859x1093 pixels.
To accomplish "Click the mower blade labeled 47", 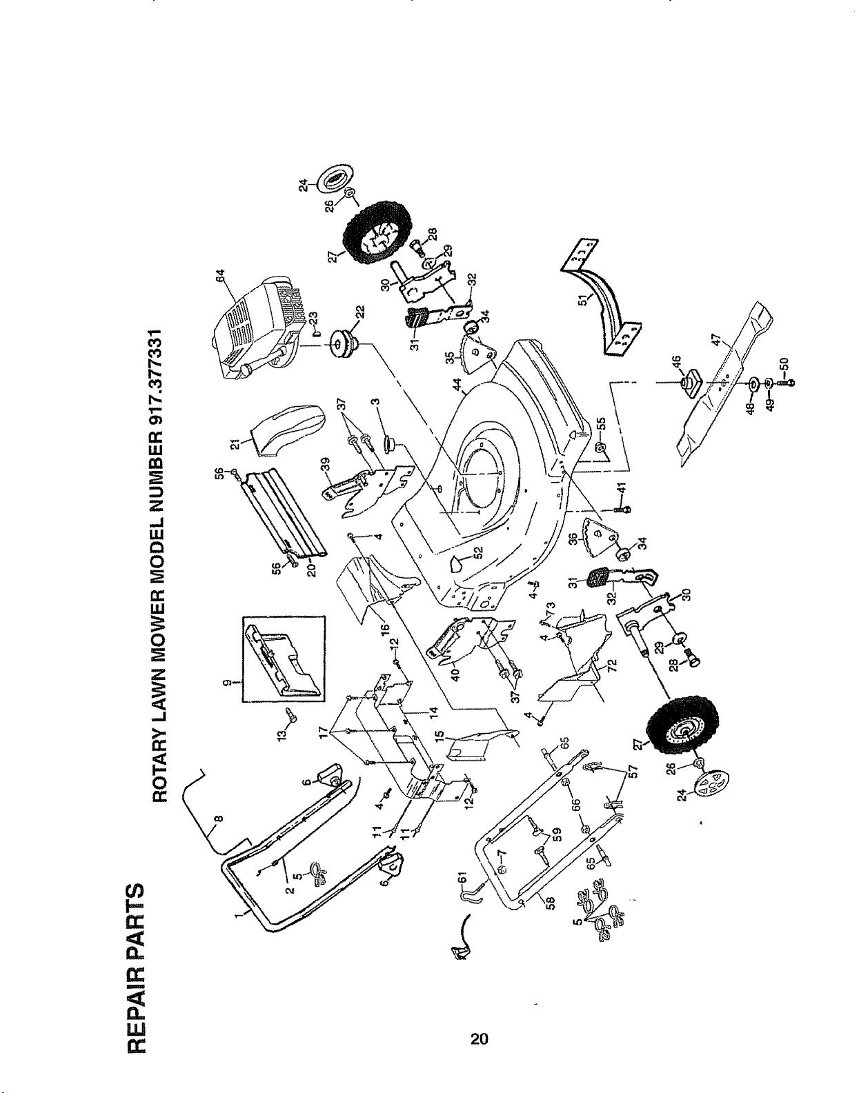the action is [724, 385].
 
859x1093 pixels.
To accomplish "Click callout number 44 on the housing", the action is [457, 385].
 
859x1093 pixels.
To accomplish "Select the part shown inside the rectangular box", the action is [284, 657].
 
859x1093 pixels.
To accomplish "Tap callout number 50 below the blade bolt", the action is [786, 363].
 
